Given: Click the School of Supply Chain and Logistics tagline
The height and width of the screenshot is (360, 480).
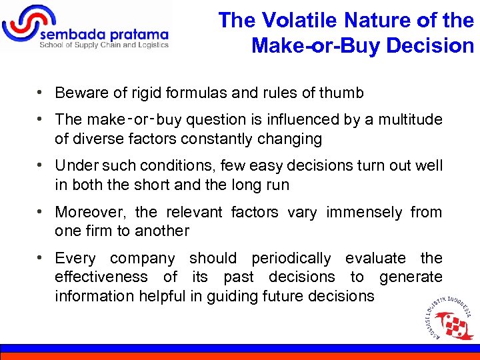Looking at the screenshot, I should pos(104,45).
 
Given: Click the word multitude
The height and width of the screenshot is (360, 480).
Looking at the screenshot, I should pos(411,119).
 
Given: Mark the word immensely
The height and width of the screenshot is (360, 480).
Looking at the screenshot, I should pos(363,212).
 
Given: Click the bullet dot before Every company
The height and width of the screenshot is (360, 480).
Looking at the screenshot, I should pos(41,257).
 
